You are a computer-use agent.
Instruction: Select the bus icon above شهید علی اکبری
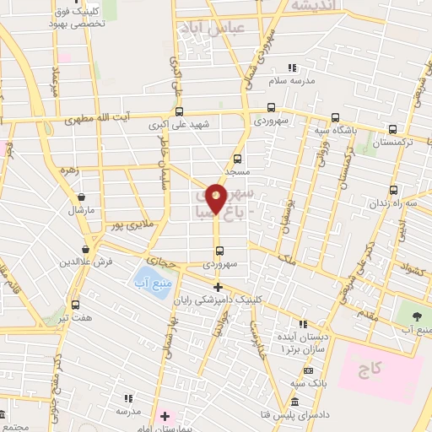click(178, 111)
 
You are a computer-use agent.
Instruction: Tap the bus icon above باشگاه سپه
click(335, 118)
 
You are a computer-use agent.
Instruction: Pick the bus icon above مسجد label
click(237, 159)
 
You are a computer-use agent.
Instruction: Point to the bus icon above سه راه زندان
click(393, 191)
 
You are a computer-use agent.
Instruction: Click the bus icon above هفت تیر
click(75, 304)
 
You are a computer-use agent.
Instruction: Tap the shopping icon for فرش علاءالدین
click(86, 249)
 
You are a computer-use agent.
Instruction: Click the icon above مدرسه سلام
click(292, 67)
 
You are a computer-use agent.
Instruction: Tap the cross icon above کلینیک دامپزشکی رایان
click(218, 288)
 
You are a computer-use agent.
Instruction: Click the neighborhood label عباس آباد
click(212, 29)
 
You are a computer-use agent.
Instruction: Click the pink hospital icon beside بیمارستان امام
click(165, 416)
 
